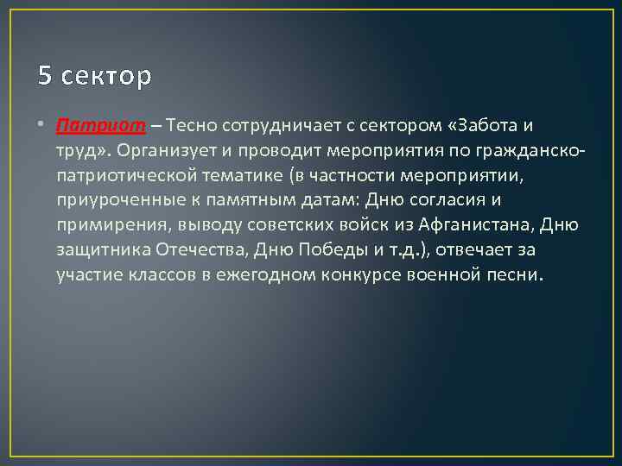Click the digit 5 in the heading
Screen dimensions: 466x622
(x=45, y=77)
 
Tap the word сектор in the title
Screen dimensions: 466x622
(x=105, y=77)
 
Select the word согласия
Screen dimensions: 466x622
(x=441, y=202)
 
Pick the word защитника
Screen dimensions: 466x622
(x=104, y=252)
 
